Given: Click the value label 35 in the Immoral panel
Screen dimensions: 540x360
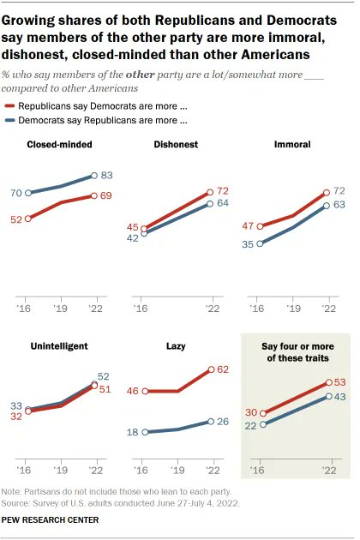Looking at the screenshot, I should pyautogui.click(x=247, y=244).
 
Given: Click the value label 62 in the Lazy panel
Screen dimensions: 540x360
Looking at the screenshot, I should pyautogui.click(x=224, y=370).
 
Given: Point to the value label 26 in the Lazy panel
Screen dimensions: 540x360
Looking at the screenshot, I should pyautogui.click(x=224, y=422).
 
